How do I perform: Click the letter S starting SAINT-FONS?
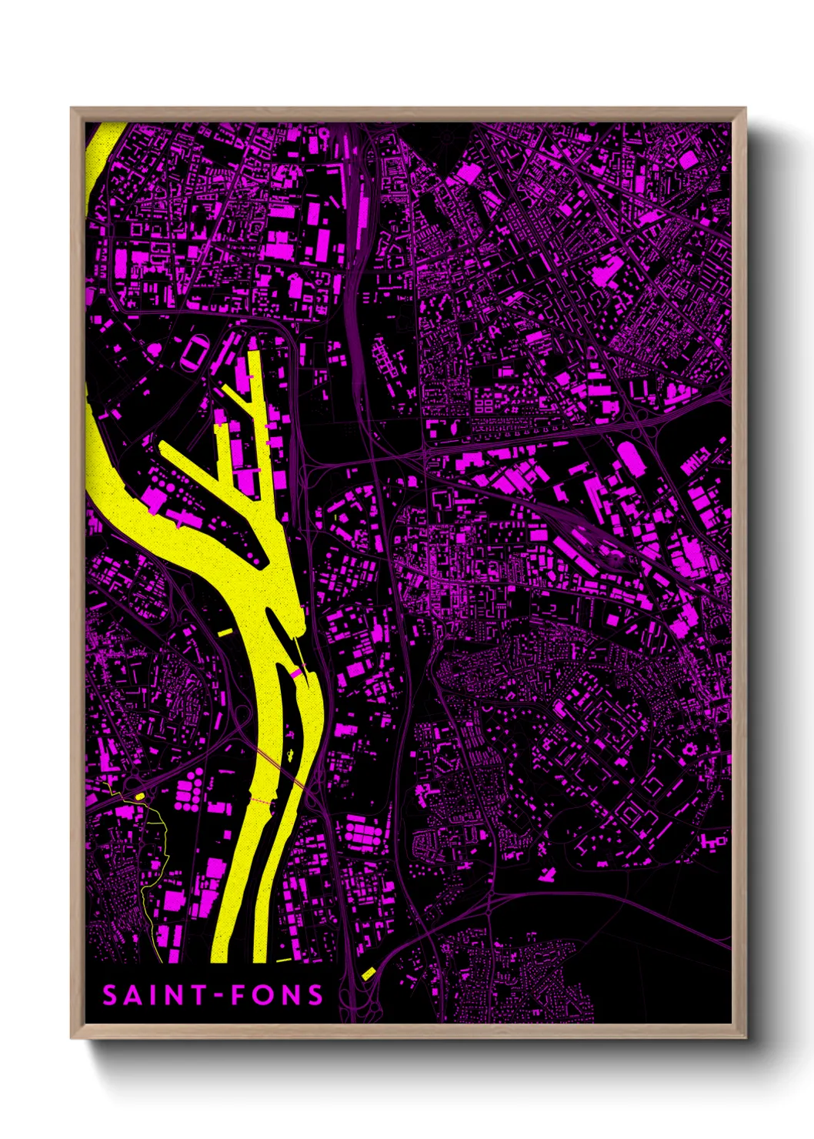pos(110,996)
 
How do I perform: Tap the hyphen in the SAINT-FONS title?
pos(219,997)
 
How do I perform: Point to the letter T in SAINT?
pos(198,996)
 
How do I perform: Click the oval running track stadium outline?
pos(192,353)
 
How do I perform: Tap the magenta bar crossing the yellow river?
pos(295,673)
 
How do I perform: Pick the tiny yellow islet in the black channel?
pos(292,755)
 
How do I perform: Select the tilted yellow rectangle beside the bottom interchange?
pos(368,974)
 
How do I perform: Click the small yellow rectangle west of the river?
pos(225,632)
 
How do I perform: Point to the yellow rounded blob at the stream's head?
pos(140,796)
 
